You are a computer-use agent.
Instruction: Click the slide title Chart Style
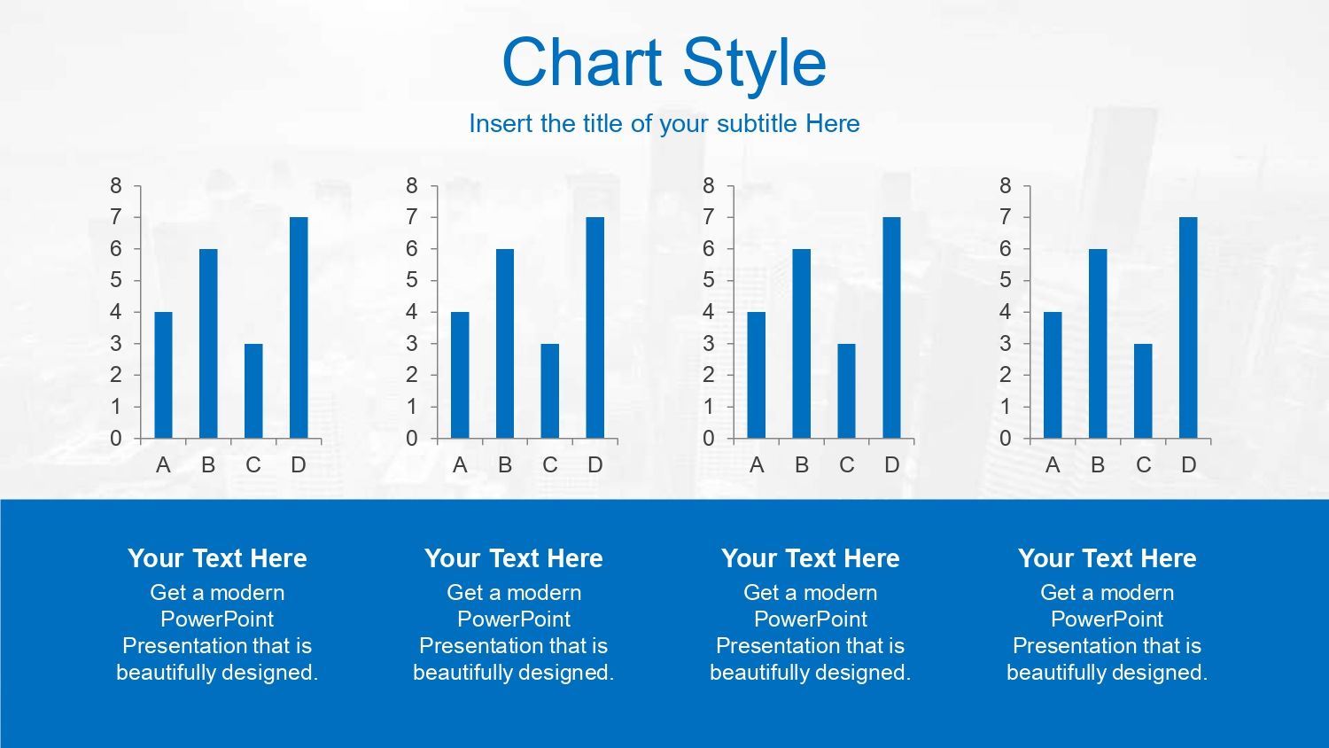[x=664, y=63]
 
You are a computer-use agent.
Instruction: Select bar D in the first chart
[x=299, y=328]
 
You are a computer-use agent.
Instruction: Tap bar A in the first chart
[x=163, y=375]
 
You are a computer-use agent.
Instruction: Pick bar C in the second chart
[x=550, y=391]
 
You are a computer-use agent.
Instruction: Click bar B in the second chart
[x=505, y=344]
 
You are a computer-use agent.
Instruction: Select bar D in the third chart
[x=891, y=328]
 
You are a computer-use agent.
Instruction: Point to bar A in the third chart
[x=757, y=375]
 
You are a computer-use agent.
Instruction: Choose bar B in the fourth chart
[x=1098, y=344]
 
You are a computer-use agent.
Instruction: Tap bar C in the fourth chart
[x=1143, y=391]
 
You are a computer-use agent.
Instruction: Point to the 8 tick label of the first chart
[x=116, y=186]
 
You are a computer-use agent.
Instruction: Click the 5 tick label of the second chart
[x=412, y=280]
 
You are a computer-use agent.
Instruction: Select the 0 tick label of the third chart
[x=709, y=439]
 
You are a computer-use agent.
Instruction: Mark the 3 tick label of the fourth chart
[x=1005, y=344]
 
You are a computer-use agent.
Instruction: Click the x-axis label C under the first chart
[x=253, y=464]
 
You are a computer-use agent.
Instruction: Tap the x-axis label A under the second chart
[x=460, y=464]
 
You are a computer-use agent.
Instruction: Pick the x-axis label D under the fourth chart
[x=1188, y=464]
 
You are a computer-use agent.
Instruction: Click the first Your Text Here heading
[x=217, y=558]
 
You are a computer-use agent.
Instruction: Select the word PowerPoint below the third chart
[x=811, y=619]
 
